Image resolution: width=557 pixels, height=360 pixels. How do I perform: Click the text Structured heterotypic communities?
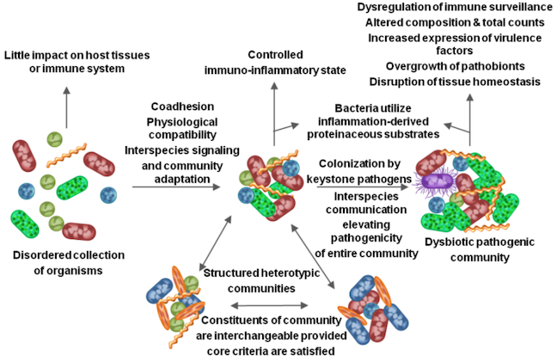coord(261,280)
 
